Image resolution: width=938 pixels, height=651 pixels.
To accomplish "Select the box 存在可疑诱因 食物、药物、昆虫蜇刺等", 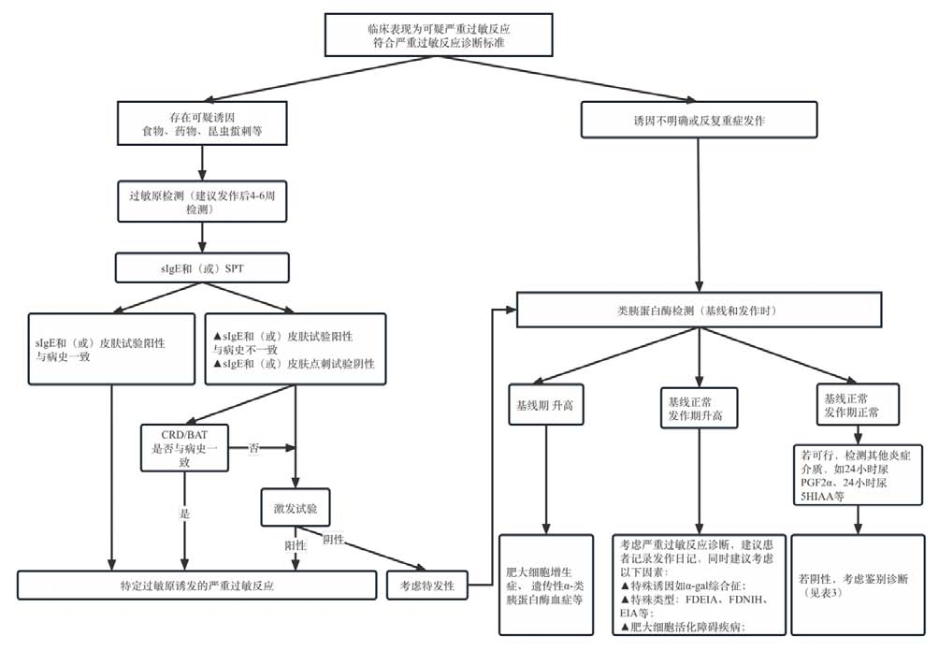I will [202, 124].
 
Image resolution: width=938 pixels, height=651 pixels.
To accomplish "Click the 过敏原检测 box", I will [202, 203].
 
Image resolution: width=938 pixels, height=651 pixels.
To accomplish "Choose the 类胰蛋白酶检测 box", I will [699, 311].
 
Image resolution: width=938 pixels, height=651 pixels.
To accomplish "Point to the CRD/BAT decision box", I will [185, 449].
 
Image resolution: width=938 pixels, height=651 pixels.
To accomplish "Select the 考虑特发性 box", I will [426, 585].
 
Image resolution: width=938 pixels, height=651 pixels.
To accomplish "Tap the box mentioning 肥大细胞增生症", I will [545, 585].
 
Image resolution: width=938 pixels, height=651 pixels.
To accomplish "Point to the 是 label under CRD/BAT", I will [186, 513].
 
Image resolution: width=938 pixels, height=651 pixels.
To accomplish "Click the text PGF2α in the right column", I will [809, 482].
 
